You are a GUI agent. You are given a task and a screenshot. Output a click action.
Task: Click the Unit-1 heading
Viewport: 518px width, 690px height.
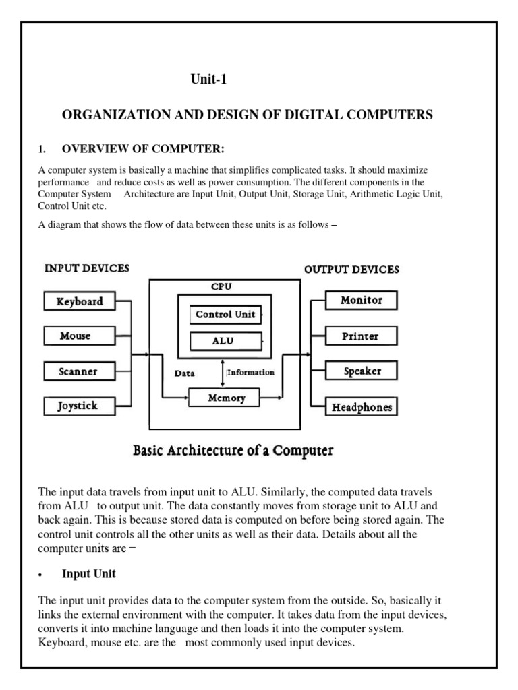coord(209,80)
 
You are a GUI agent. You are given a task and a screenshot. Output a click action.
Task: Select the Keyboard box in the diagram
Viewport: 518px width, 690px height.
coord(79,301)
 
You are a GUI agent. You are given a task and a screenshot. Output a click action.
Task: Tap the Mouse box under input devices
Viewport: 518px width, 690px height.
coord(79,336)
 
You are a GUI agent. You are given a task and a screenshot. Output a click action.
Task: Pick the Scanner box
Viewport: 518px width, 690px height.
coord(79,371)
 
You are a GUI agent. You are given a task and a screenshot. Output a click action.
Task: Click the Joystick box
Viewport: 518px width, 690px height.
coord(79,406)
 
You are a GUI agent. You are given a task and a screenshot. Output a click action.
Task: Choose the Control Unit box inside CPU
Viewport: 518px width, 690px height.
coord(225,315)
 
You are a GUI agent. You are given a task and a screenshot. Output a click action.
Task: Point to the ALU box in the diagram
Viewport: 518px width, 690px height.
coord(225,342)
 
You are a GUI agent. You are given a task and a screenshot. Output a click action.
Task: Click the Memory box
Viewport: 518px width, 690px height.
coord(226,398)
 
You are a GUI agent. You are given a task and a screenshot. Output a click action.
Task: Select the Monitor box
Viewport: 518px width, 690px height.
coord(362,301)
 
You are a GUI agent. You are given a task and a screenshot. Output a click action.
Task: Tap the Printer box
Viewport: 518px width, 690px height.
coord(362,336)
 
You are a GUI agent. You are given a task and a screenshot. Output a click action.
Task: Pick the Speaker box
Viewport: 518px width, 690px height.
coord(362,371)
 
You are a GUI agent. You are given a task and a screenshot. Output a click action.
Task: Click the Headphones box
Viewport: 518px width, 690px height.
coord(362,407)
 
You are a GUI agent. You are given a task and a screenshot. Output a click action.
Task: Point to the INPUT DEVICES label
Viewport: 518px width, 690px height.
coord(87,268)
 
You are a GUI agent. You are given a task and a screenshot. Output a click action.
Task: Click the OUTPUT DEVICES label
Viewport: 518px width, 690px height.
coord(351,270)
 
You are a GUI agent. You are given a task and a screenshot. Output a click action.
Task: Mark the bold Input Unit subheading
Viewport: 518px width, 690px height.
coord(88,574)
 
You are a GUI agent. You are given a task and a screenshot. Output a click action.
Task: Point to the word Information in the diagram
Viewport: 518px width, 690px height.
coord(251,372)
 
